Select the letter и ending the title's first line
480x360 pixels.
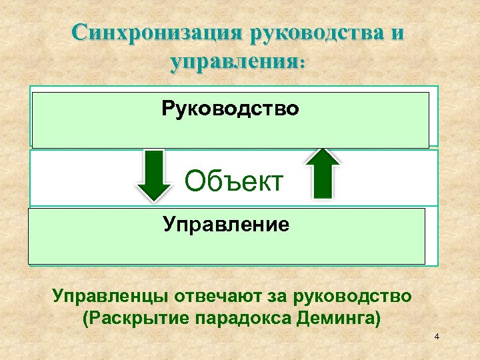[x=397, y=33]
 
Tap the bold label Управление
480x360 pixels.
[x=227, y=224]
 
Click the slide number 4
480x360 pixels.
[x=436, y=337]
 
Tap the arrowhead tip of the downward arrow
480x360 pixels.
[x=155, y=199]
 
